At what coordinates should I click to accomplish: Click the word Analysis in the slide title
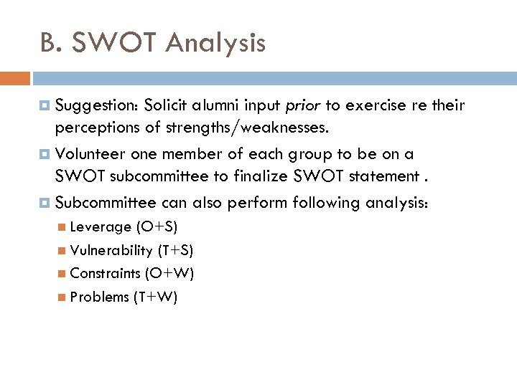(215, 44)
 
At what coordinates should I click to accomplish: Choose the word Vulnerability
(111, 250)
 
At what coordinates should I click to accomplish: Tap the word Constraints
(105, 273)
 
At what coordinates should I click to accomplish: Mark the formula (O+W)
(169, 273)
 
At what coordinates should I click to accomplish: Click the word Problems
(100, 297)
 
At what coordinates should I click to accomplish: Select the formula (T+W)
(155, 297)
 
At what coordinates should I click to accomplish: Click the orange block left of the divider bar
(14, 78)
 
